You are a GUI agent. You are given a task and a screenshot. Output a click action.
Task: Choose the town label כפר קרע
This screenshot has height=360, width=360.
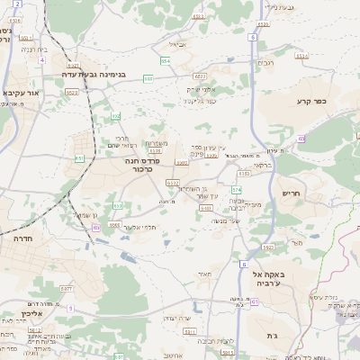point(309,102)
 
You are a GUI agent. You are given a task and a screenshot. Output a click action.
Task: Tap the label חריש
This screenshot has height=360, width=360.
point(292,193)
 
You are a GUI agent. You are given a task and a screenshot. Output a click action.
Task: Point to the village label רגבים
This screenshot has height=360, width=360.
point(266,62)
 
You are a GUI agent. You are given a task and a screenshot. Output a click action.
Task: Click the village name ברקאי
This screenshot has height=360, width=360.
point(259,165)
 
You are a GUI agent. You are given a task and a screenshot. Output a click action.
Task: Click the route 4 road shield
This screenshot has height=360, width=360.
point(42,60)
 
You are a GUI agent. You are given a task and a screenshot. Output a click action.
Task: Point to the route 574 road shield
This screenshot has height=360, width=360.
point(237,189)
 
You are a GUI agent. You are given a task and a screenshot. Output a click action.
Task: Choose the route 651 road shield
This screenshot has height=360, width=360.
point(80,157)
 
